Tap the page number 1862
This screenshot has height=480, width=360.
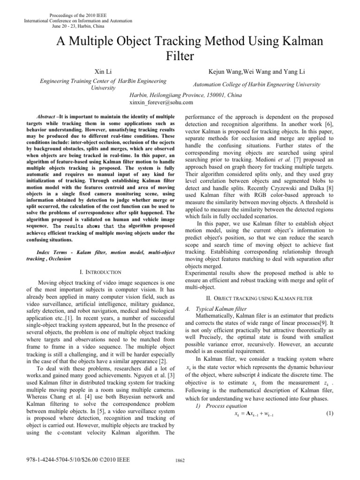pos(180,473)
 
